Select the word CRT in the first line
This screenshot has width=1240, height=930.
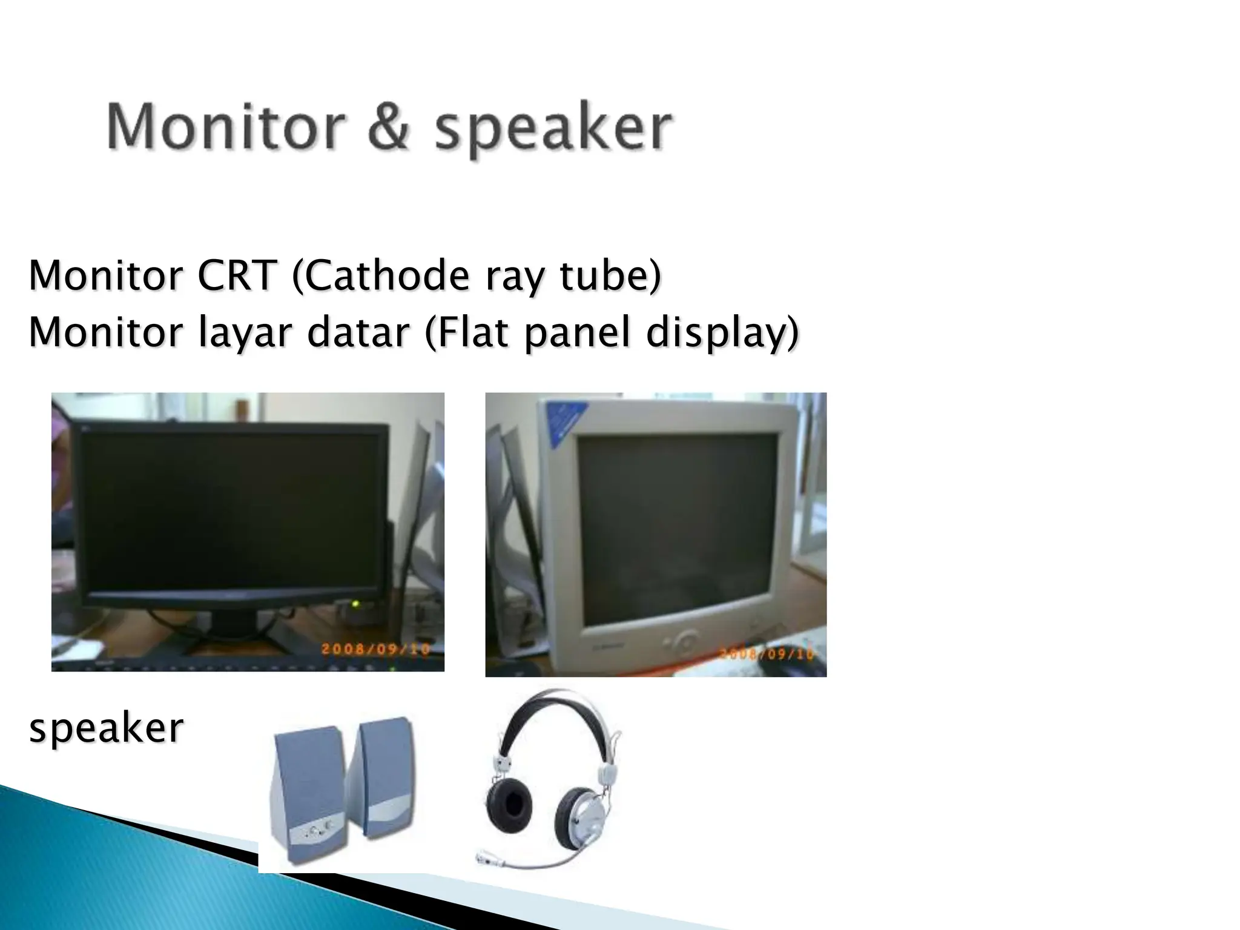coord(237,275)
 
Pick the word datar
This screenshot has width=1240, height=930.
coord(358,332)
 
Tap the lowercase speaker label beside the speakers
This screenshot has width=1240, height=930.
coord(107,728)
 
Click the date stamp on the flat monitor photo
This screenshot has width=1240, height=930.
coord(375,649)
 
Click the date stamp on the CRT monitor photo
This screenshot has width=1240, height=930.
coord(767,654)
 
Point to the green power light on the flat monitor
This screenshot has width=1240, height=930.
coord(356,604)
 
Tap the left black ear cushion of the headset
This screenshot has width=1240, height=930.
coord(509,805)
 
